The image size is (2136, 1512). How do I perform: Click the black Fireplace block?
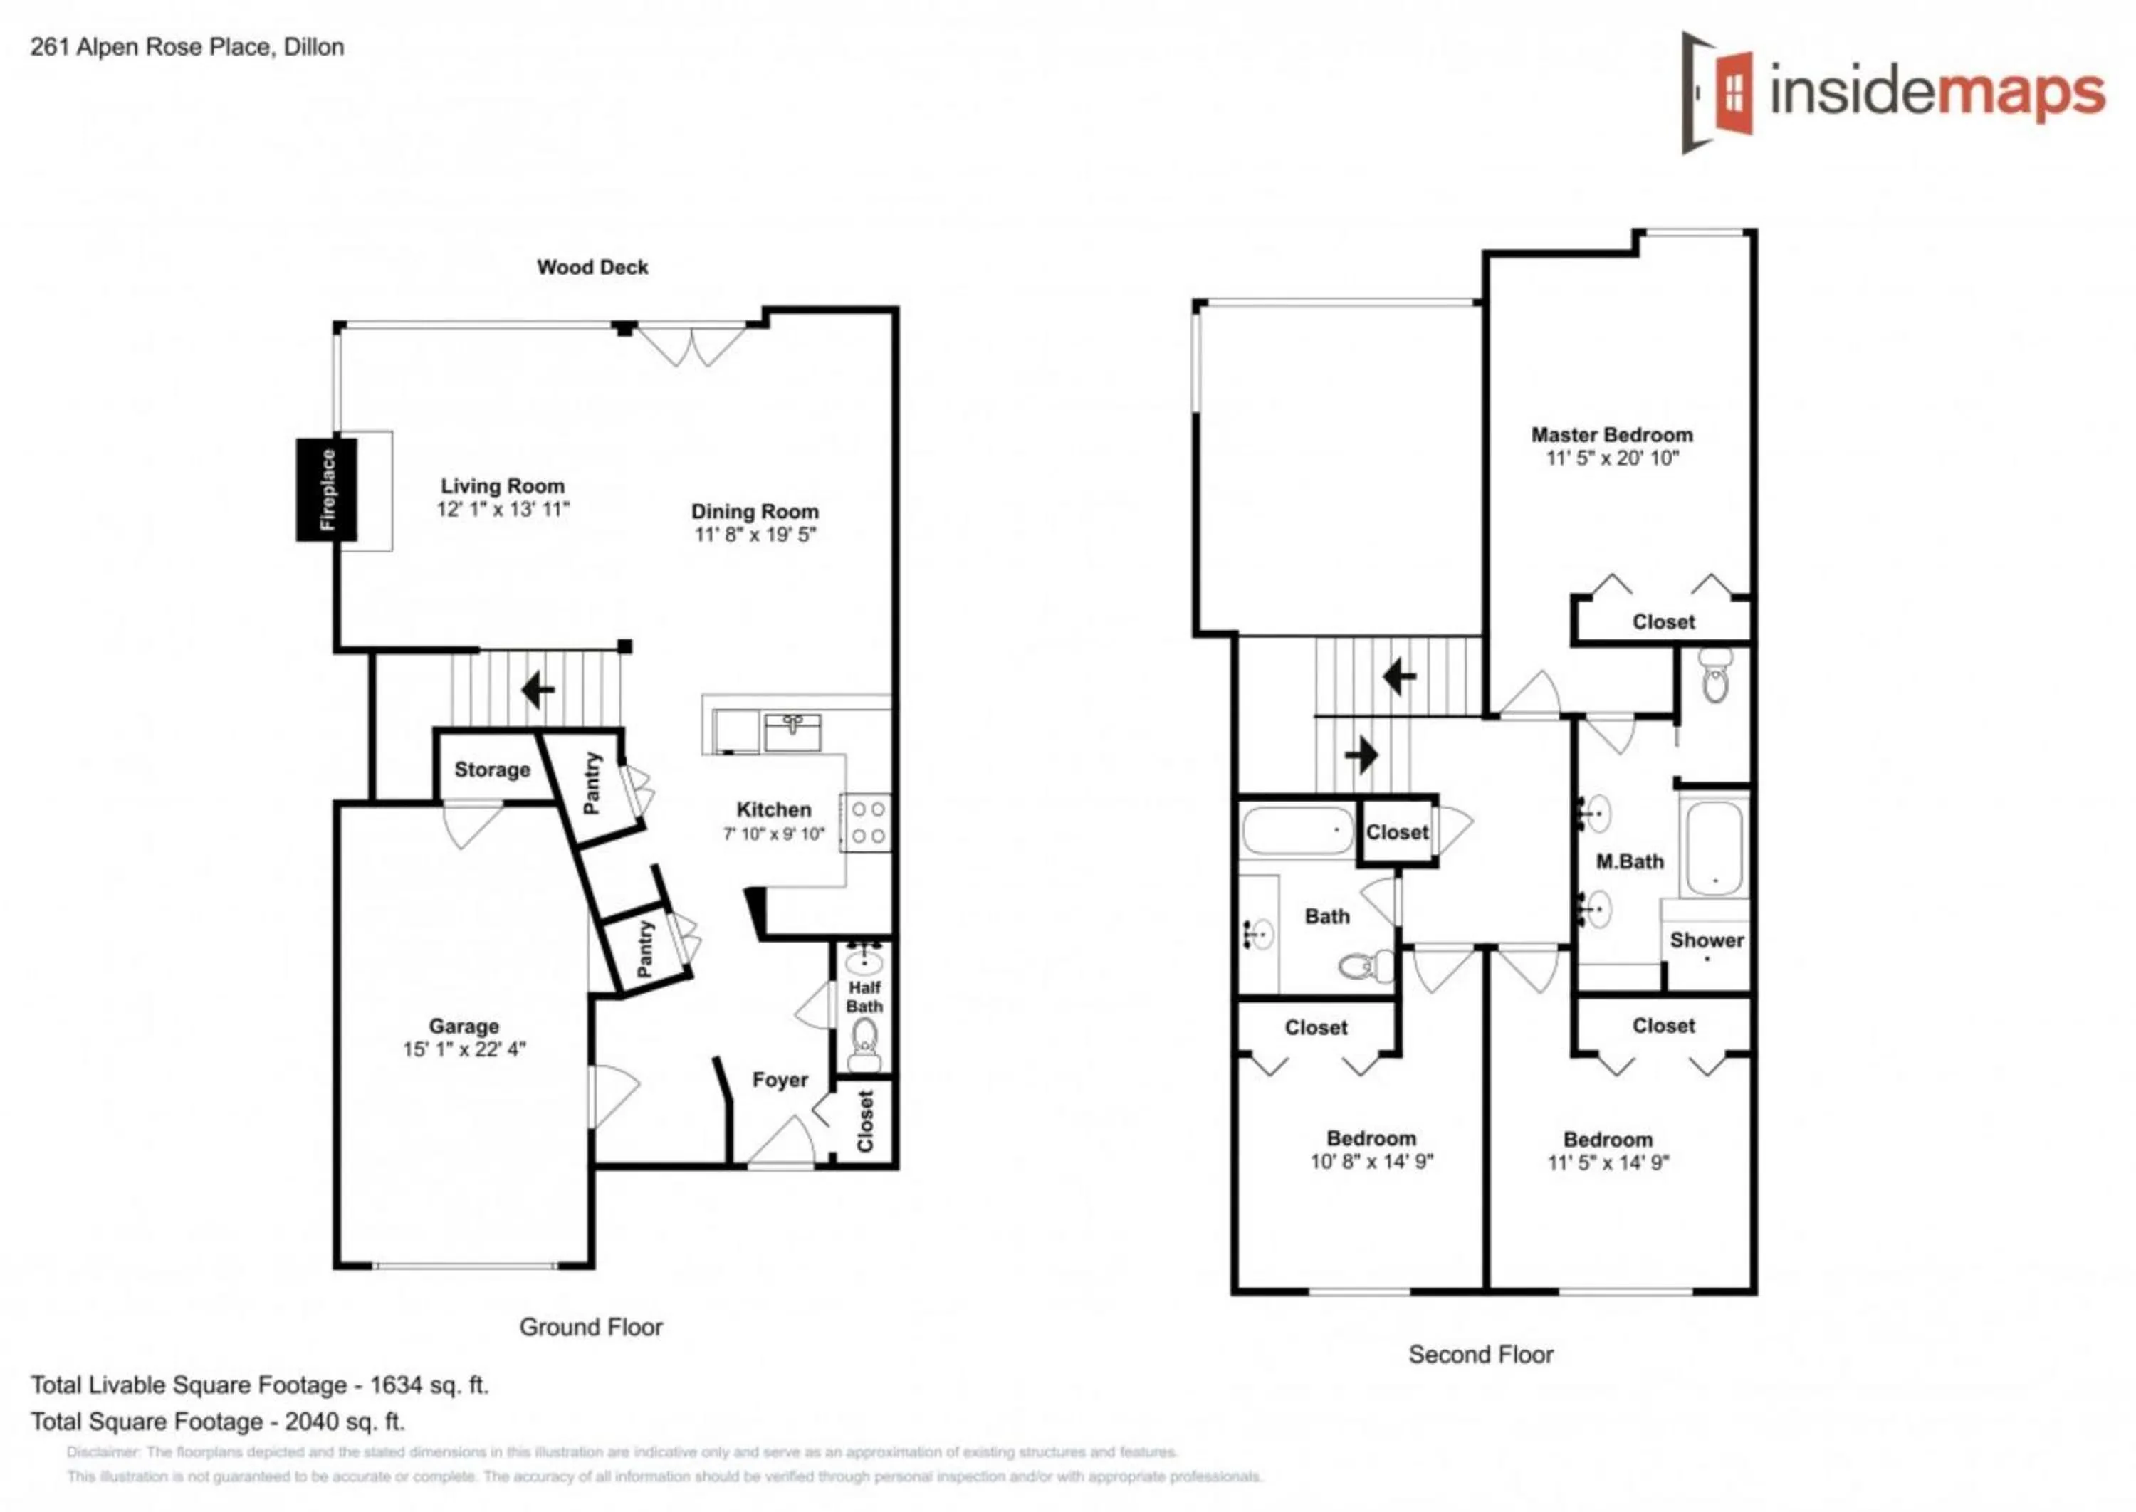[327, 490]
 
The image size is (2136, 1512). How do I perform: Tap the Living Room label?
[502, 486]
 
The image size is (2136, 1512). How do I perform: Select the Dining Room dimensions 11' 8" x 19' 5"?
[754, 535]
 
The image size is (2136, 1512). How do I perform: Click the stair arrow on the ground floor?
[538, 691]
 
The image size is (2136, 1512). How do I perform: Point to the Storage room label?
[491, 770]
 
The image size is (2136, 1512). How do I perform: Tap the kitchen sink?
[792, 732]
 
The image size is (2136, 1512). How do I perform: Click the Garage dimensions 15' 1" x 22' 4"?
[464, 1049]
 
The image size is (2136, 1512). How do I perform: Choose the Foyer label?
[780, 1080]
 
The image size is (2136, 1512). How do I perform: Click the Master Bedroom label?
[1611, 435]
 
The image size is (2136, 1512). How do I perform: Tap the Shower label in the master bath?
[1706, 940]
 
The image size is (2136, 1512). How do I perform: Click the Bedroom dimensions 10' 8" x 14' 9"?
[1371, 1161]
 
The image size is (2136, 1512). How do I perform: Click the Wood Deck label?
[592, 267]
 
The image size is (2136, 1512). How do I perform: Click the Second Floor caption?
[1480, 1355]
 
